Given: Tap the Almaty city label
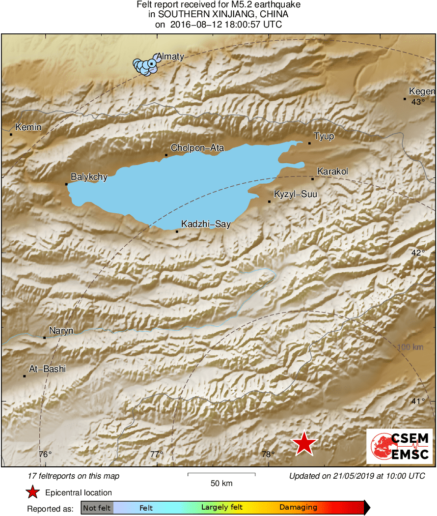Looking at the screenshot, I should [x=170, y=57].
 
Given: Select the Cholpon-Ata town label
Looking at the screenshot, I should [x=197, y=147].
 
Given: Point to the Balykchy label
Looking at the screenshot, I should [x=89, y=177].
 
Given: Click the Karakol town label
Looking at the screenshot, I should [x=332, y=172].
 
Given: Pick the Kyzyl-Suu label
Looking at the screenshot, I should [x=295, y=194].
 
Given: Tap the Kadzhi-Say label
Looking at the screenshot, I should [x=206, y=224].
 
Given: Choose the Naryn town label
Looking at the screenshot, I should [x=61, y=331].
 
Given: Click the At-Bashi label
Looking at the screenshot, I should [x=47, y=369].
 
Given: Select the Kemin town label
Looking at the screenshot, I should [x=28, y=127].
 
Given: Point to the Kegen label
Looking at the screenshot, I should [x=422, y=91].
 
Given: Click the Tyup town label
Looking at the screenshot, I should [x=324, y=136].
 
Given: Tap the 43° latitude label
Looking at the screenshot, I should [x=418, y=102].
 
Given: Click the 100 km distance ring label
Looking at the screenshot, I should [x=410, y=347].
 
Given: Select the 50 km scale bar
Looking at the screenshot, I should [x=221, y=474].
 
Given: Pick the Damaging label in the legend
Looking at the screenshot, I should [x=298, y=507].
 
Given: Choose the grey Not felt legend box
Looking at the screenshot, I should [x=97, y=507].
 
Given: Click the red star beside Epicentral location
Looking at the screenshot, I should [x=33, y=492].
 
